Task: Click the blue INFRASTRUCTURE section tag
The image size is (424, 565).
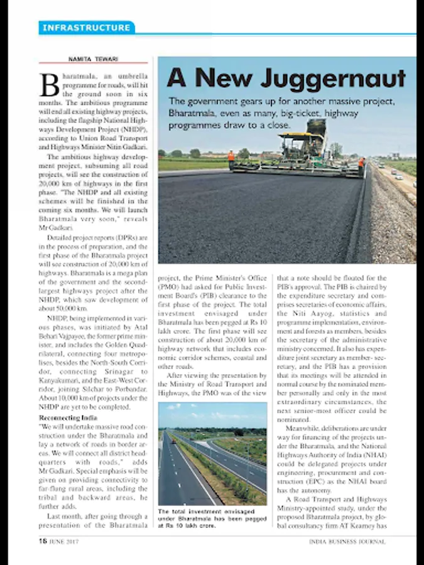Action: click(87, 28)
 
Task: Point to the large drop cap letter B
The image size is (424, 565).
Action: click(49, 83)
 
